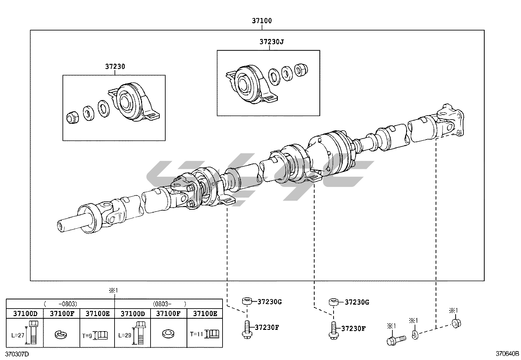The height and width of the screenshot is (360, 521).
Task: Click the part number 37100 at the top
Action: tap(261, 21)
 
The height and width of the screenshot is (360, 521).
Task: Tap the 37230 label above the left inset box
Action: tap(115, 66)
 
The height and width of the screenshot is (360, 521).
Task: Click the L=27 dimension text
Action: tap(18, 335)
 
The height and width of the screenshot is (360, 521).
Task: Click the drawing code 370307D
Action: tap(17, 354)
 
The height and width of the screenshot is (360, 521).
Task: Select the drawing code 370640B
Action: tap(507, 354)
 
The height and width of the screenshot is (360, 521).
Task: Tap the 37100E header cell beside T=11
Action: tap(205, 313)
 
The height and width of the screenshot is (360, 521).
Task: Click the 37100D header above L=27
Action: tap(25, 313)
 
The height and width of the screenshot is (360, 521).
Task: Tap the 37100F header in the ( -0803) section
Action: tap(62, 313)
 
